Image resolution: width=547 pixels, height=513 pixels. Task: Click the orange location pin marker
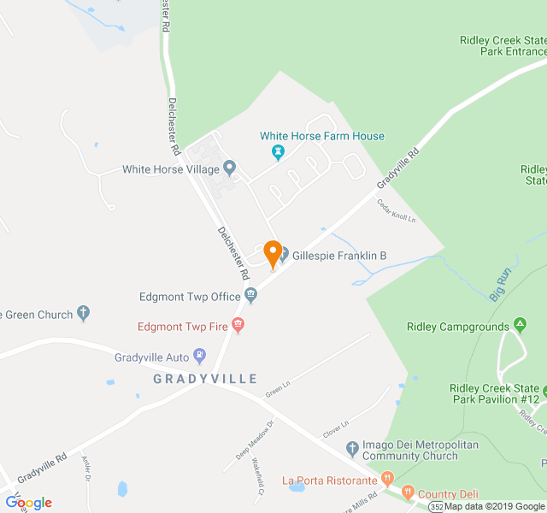point(273,254)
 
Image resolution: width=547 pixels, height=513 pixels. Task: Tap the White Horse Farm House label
point(322,136)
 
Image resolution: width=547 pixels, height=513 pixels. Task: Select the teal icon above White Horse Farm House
point(277,152)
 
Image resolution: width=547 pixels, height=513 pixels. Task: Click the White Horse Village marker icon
point(229,167)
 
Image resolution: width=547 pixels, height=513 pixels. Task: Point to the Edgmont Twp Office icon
point(250,296)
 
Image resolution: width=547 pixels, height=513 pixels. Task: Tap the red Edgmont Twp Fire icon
point(238,325)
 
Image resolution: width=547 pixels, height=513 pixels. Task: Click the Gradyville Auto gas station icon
point(199,354)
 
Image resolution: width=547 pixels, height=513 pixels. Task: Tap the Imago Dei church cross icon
point(352,448)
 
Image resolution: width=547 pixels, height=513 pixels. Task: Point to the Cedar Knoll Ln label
point(396,211)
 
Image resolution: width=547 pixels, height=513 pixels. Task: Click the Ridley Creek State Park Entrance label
point(503,46)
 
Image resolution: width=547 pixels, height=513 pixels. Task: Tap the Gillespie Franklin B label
point(339,255)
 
